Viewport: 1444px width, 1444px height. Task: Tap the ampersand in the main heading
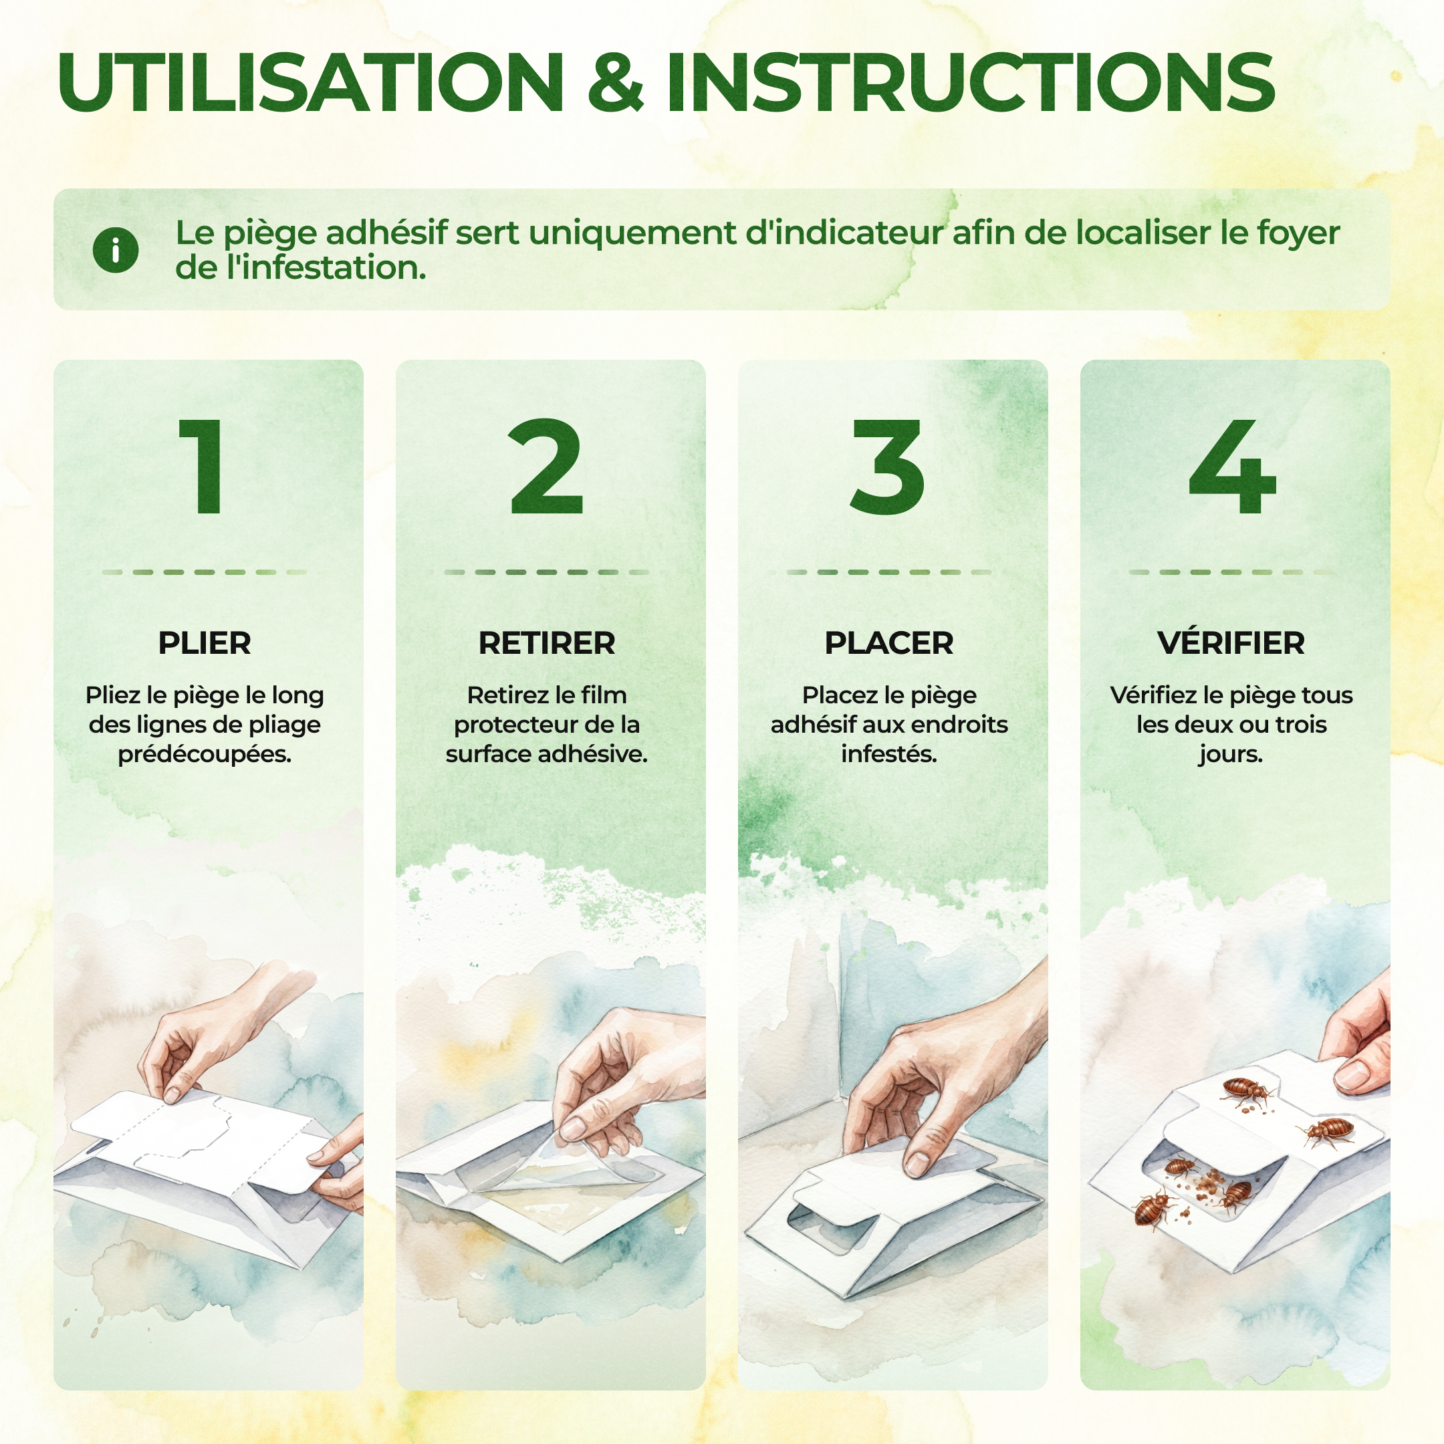pyautogui.click(x=615, y=82)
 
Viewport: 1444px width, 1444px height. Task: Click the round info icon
pyautogui.click(x=116, y=249)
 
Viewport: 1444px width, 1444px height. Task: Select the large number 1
pyautogui.click(x=202, y=467)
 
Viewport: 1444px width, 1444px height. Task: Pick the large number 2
pyautogui.click(x=546, y=467)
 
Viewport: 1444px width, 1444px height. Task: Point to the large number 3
pyautogui.click(x=888, y=467)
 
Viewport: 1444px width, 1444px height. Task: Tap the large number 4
pyautogui.click(x=1231, y=467)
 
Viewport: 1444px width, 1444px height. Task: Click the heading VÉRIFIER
pyautogui.click(x=1231, y=642)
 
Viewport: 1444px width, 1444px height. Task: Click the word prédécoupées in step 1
pyautogui.click(x=205, y=755)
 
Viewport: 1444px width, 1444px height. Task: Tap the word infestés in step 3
pyautogui.click(x=889, y=754)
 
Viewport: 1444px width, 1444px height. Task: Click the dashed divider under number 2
pyautogui.click(x=547, y=572)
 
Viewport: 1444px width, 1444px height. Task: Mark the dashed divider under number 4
pyautogui.click(x=1231, y=572)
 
